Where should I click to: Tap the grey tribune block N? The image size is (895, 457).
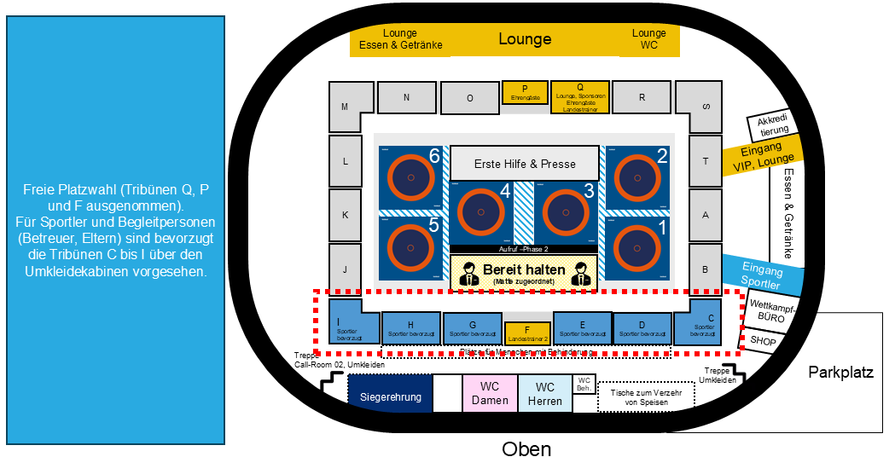click(407, 97)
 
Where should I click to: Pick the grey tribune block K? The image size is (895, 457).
click(346, 215)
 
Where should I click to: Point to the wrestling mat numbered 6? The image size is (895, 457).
click(411, 177)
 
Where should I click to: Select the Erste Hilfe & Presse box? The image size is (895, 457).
click(525, 164)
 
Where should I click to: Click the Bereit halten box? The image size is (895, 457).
click(525, 272)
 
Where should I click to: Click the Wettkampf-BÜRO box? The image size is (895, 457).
click(770, 309)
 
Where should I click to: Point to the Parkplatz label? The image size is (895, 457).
click(841, 373)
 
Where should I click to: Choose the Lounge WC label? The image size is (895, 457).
click(649, 39)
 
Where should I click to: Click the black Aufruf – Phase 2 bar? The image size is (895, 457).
click(523, 248)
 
